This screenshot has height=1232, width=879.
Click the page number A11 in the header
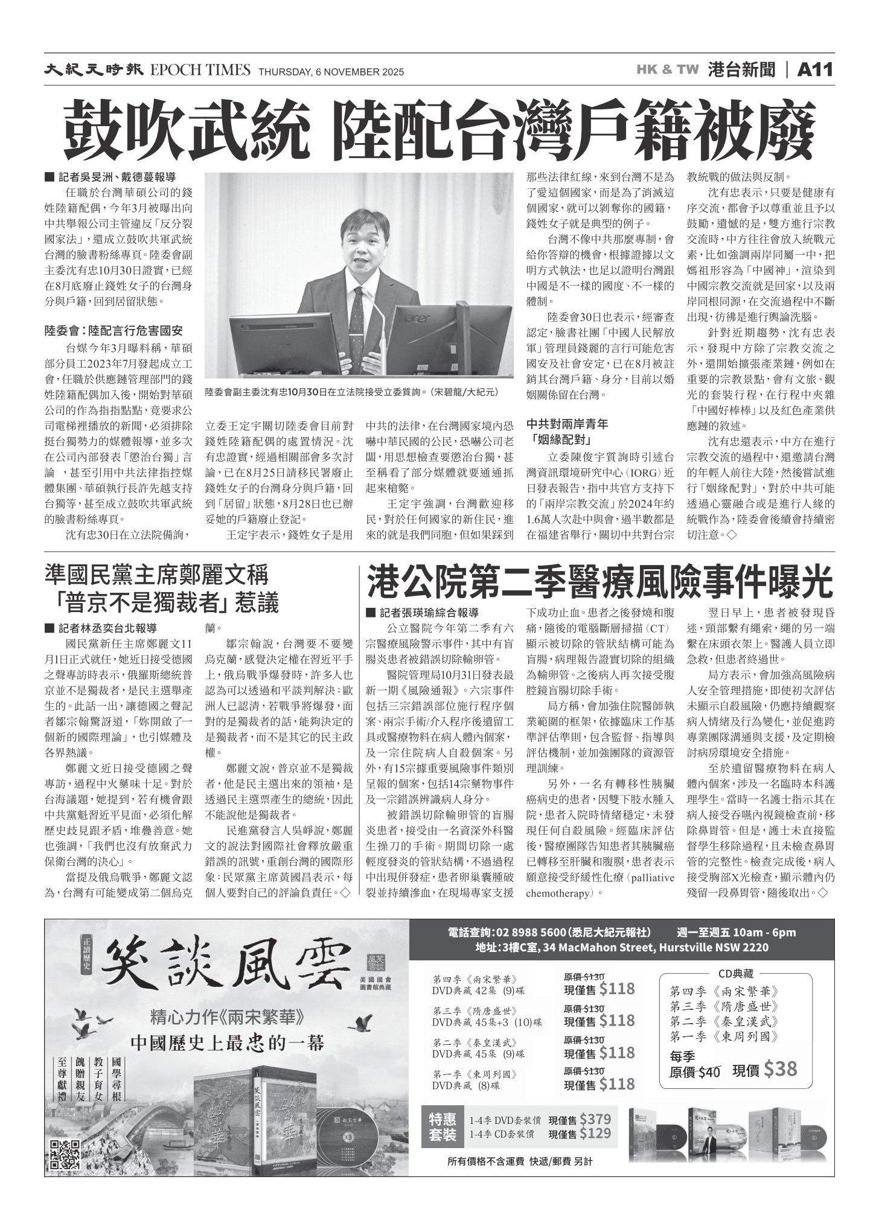tap(816, 70)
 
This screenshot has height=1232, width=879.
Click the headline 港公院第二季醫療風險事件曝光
tap(600, 582)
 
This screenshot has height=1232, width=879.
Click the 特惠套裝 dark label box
tap(443, 1126)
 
